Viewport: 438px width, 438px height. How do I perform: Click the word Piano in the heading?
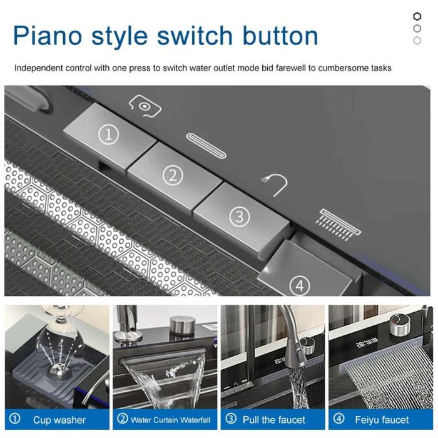pos(48,36)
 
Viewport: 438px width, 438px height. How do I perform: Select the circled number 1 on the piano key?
pos(109,135)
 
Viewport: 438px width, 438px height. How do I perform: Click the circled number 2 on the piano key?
pos(173,175)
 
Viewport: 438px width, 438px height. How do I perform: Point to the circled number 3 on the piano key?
pos(240,216)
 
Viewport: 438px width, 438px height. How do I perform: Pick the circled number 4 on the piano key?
pos(300,285)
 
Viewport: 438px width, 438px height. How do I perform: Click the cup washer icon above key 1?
pos(145,106)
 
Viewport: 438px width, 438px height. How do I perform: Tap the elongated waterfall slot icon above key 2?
pos(206,146)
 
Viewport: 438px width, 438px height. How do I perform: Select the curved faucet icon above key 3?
pos(275,185)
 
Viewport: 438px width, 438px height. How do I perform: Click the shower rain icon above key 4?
pos(339,224)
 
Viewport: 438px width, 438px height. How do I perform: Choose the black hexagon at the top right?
pos(417,16)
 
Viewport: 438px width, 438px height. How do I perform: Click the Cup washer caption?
pos(59,420)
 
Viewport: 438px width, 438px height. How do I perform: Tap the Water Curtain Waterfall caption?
pos(170,420)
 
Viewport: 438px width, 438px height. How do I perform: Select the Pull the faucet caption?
pos(274,420)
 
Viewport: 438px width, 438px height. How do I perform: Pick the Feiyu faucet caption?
pos(382,420)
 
